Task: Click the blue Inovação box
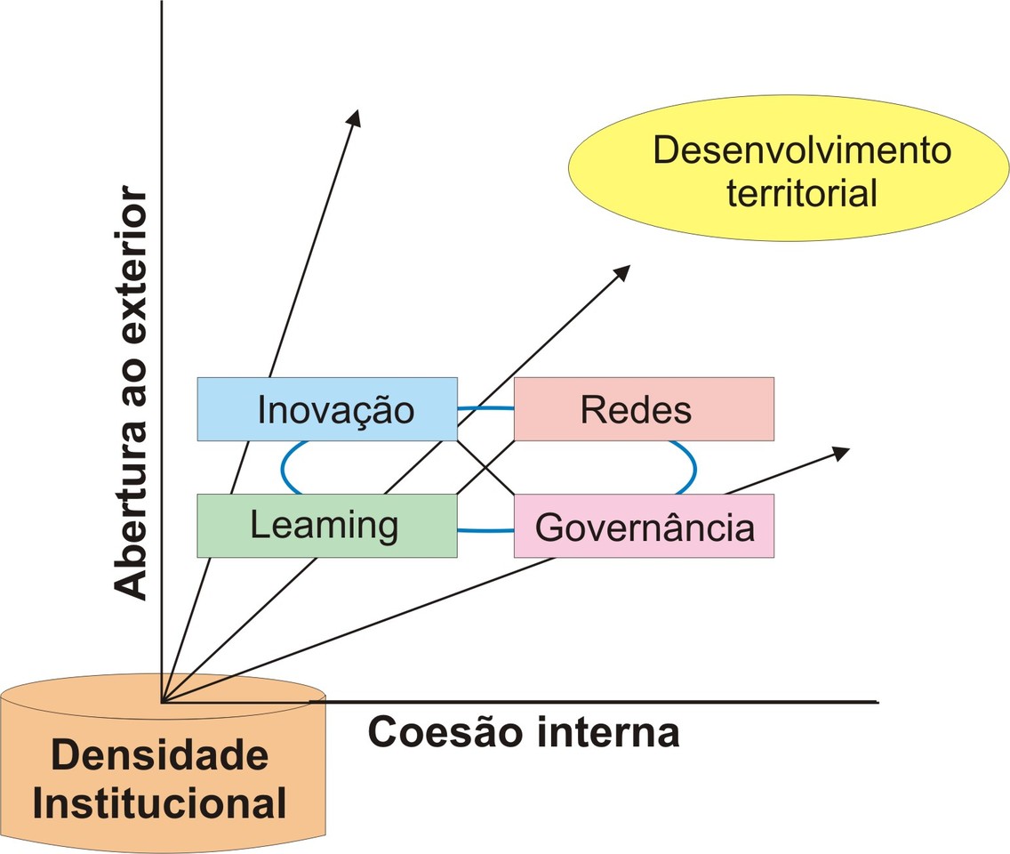coord(326,409)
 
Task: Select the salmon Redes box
coord(644,409)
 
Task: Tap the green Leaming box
coord(326,526)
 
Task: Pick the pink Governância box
coord(644,527)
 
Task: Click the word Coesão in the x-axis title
coord(436,733)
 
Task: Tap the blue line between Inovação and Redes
coord(485,408)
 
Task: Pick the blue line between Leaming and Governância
coord(485,530)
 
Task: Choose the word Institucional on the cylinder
coord(160,803)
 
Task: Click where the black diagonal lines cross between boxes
coord(485,467)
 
